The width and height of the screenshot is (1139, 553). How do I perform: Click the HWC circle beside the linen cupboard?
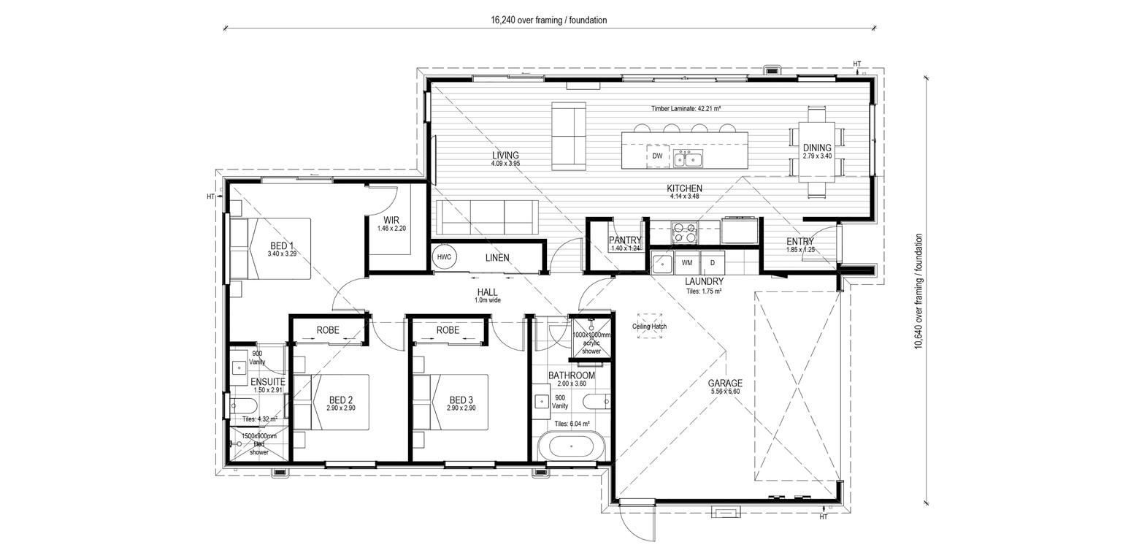pos(444,257)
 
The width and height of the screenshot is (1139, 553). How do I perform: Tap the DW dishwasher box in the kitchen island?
pos(657,156)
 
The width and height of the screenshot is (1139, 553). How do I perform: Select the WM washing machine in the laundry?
pos(687,263)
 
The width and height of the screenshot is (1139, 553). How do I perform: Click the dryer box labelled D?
pos(713,263)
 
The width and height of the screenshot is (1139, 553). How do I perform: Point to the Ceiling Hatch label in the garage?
pos(649,327)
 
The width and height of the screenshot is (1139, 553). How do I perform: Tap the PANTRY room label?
pos(625,240)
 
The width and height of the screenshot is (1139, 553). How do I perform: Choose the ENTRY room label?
pos(800,241)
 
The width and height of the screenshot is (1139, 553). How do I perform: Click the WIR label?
pos(391,221)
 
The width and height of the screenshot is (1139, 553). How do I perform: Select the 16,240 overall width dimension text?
pos(548,20)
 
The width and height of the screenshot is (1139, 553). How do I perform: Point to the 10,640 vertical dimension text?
pos(919,291)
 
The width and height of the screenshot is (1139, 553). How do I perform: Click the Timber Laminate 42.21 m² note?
pos(686,108)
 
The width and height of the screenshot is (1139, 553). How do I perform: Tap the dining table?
pos(817,152)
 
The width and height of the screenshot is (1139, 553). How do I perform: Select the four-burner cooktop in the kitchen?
pos(684,232)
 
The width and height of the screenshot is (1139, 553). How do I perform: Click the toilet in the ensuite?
pos(242,406)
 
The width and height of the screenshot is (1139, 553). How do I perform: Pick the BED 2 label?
pos(341,400)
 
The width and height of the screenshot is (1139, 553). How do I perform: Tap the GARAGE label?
pos(725,383)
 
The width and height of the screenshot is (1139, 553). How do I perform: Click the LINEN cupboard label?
pos(497,258)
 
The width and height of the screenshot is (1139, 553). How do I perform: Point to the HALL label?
pos(487,292)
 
